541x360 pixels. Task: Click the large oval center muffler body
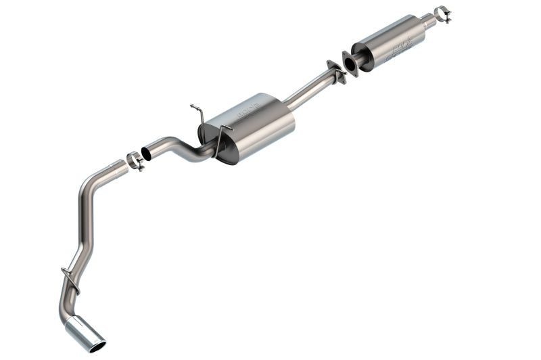(x=254, y=126)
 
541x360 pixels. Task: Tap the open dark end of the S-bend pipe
(x=146, y=154)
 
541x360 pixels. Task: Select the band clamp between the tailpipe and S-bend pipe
(x=136, y=161)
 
